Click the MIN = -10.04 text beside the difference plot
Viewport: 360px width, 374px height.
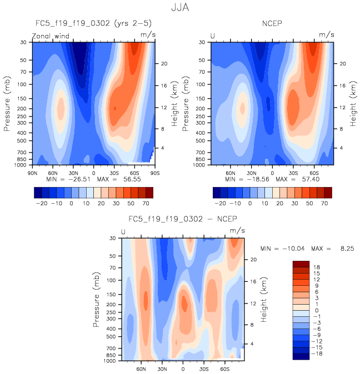pos(284,248)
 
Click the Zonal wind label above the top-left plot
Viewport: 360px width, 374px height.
pos(49,35)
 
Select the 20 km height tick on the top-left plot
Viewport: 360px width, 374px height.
pos(164,63)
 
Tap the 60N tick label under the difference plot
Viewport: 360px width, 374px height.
pos(141,368)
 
